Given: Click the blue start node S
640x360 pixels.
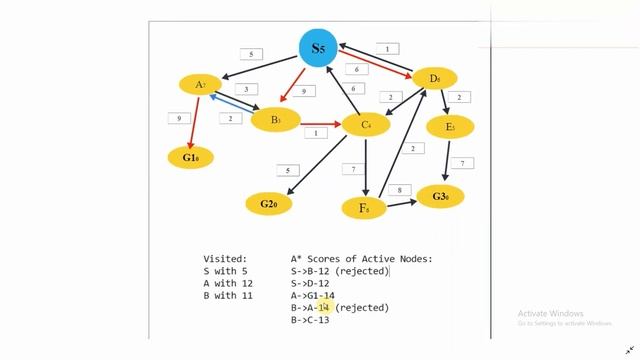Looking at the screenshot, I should click(318, 48).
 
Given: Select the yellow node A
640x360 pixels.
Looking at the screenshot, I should click(200, 85).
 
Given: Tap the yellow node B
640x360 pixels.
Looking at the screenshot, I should click(275, 121).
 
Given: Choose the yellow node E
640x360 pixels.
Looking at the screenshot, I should click(450, 127).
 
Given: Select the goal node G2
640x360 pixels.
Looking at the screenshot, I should click(269, 204).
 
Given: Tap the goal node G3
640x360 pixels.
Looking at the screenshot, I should click(440, 196).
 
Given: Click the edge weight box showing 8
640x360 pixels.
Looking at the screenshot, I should click(399, 190).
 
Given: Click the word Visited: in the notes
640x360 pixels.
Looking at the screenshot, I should click(225, 259).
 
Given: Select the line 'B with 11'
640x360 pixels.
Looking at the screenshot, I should click(228, 295).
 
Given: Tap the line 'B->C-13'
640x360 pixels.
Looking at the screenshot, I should click(310, 320).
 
